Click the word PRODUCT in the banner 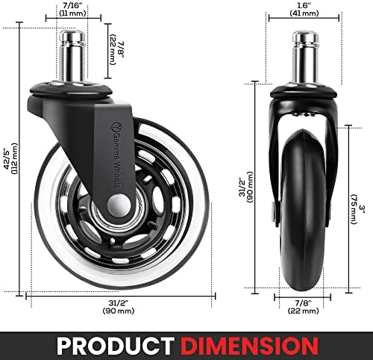coord(116,346)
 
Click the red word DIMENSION coord(249,346)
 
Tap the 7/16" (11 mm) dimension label coord(72,9)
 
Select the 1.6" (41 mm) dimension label coord(304,9)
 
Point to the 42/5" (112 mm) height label coord(11,159)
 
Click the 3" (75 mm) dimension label coord(357,208)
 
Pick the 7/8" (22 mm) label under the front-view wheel coord(303,307)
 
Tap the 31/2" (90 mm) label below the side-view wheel coord(119,307)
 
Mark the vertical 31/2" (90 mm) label coord(246,187)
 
